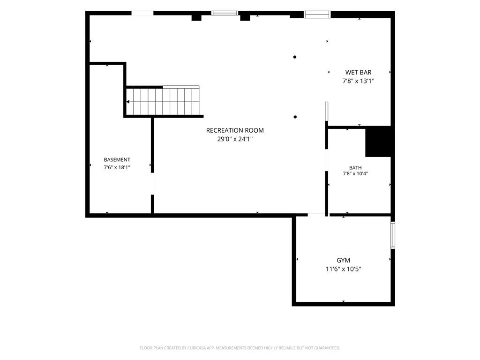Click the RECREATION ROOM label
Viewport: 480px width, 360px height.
[x=235, y=130]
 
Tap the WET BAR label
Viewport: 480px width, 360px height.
[x=358, y=73]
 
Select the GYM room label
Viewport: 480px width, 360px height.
[x=343, y=260]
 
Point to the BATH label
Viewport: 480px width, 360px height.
[x=355, y=168]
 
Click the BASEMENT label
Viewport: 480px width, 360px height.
[x=117, y=160]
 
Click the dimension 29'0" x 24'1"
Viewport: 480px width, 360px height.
[x=235, y=139]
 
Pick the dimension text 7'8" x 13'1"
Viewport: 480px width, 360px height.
[x=358, y=81]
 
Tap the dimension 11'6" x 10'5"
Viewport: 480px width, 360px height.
[x=343, y=269]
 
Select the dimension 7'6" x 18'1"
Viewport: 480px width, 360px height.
[x=117, y=167]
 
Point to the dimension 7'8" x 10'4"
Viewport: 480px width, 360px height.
[x=355, y=173]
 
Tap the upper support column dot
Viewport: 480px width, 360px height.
[x=295, y=57]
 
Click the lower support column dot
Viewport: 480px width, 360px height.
[x=295, y=117]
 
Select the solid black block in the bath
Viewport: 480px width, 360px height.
[x=378, y=142]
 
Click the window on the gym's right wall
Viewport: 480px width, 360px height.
[x=393, y=235]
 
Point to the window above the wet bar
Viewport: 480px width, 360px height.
[x=317, y=15]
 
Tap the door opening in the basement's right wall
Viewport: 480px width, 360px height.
[x=152, y=184]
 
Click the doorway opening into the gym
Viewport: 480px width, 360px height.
[x=316, y=215]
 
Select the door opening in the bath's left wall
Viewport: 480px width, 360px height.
[x=327, y=160]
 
